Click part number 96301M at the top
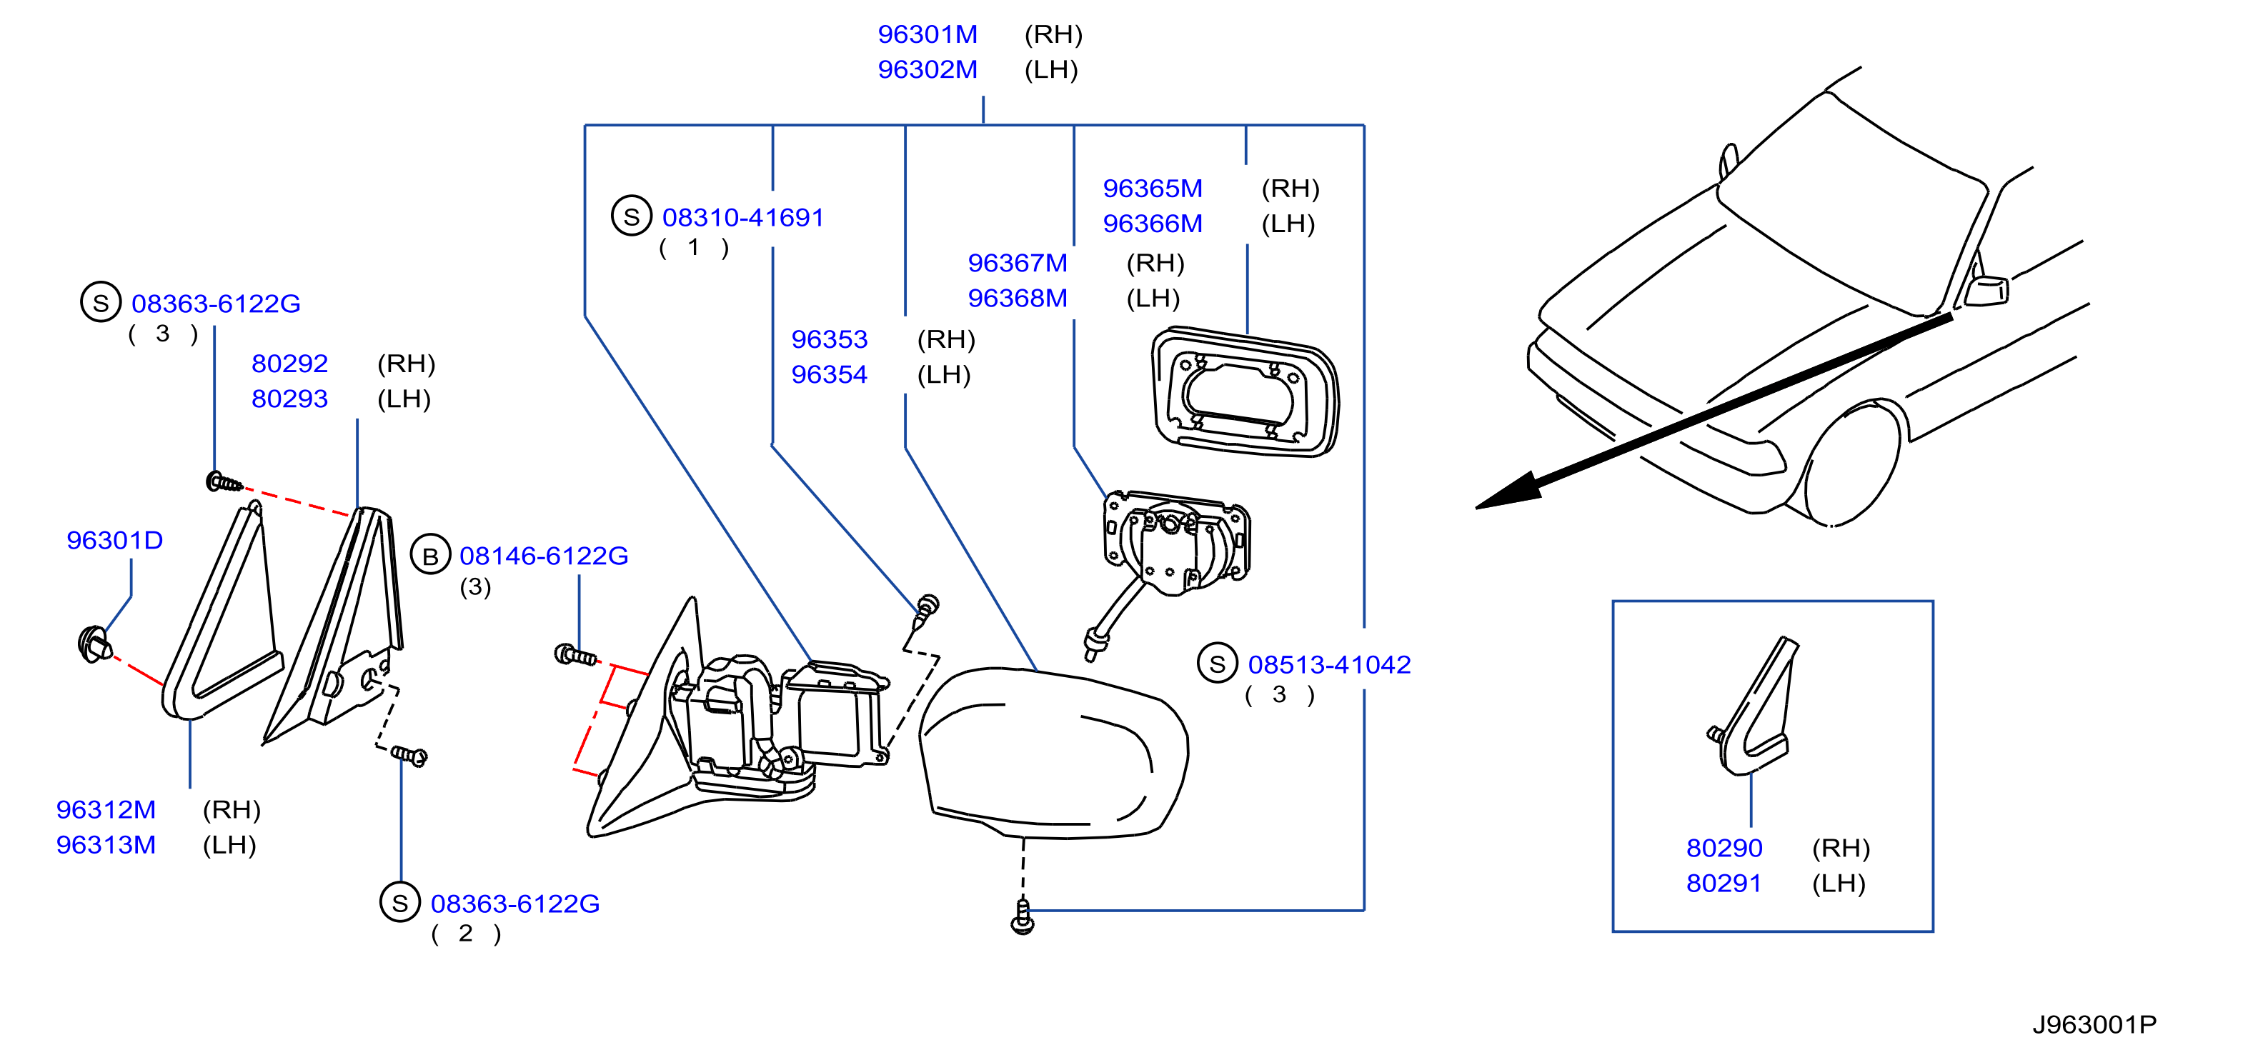tap(927, 34)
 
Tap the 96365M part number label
tap(1152, 188)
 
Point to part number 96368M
tap(1017, 298)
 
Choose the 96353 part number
tap(829, 339)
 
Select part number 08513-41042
tap(1329, 664)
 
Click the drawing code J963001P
tap(2094, 1024)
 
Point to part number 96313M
tap(105, 844)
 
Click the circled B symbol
tap(430, 555)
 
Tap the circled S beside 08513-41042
tap(1218, 664)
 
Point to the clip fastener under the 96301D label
tap(95, 644)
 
